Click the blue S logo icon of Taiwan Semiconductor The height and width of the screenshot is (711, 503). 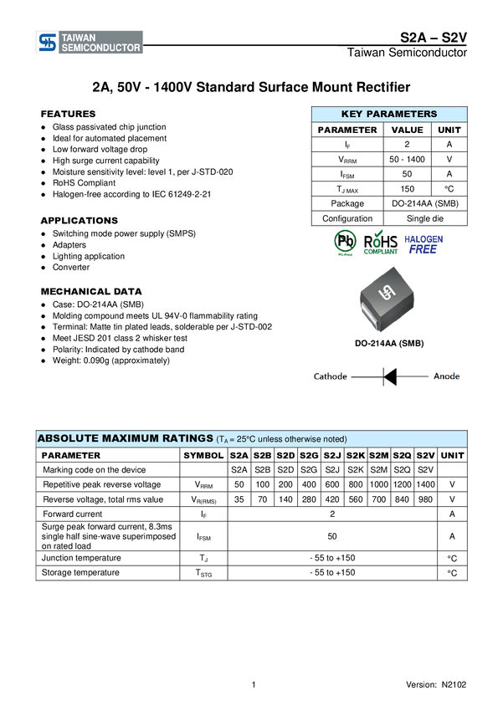click(x=47, y=43)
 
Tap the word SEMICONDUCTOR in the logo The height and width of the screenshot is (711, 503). click(x=101, y=49)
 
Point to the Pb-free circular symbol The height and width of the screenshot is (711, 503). click(x=345, y=243)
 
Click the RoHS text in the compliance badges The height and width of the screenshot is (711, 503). click(x=381, y=242)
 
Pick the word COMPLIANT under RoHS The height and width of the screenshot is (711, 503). click(x=381, y=253)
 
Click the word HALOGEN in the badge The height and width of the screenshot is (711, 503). click(x=424, y=238)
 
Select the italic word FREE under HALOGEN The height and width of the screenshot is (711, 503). click(x=423, y=249)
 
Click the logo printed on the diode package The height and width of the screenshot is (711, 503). click(x=388, y=293)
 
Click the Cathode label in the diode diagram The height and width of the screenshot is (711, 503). click(x=330, y=376)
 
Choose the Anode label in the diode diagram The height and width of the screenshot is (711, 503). click(x=446, y=376)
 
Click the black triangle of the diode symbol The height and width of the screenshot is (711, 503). click(x=389, y=376)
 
